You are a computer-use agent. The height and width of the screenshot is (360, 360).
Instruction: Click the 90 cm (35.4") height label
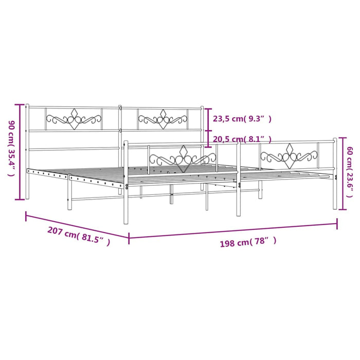pos(11,149)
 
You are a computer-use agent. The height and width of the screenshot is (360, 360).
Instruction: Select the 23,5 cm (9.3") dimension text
pos(242,119)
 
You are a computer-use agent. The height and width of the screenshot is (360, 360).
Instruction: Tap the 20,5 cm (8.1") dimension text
pos(242,139)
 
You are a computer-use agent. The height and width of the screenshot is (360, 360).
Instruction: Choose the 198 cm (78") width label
pos(248,242)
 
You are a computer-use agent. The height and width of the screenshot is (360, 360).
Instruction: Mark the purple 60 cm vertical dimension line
pos(343,173)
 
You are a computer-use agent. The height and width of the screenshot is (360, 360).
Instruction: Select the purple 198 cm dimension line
pos(233,231)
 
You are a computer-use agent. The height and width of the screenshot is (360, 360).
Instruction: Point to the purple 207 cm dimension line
pos(77,225)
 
